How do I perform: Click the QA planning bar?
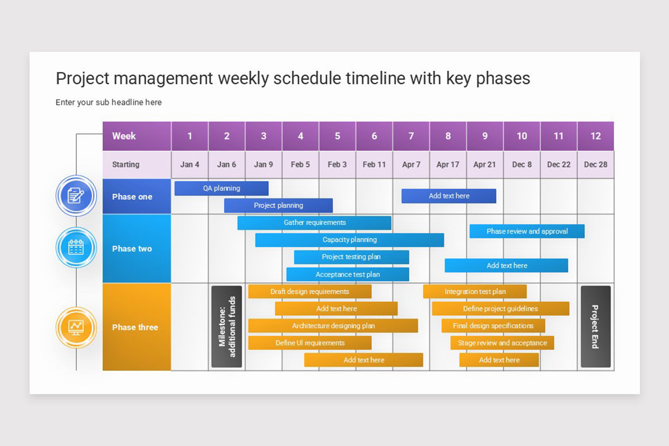click(221, 188)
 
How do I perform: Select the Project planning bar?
click(278, 205)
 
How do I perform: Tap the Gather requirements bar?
click(314, 222)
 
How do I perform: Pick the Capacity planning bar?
click(350, 240)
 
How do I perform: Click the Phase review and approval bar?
click(527, 231)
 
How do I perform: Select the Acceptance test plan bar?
click(347, 274)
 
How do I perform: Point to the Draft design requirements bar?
click(309, 292)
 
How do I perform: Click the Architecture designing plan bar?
click(333, 326)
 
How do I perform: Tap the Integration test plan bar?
click(475, 292)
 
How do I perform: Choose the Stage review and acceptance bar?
click(502, 343)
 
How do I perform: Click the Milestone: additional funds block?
click(227, 327)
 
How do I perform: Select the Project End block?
click(595, 327)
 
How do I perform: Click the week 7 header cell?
click(411, 136)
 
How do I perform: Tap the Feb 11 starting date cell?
click(374, 164)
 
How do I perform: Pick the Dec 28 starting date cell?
click(595, 164)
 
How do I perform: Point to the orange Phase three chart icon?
click(76, 327)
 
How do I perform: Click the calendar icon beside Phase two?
click(76, 248)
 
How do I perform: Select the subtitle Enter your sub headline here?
click(109, 103)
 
